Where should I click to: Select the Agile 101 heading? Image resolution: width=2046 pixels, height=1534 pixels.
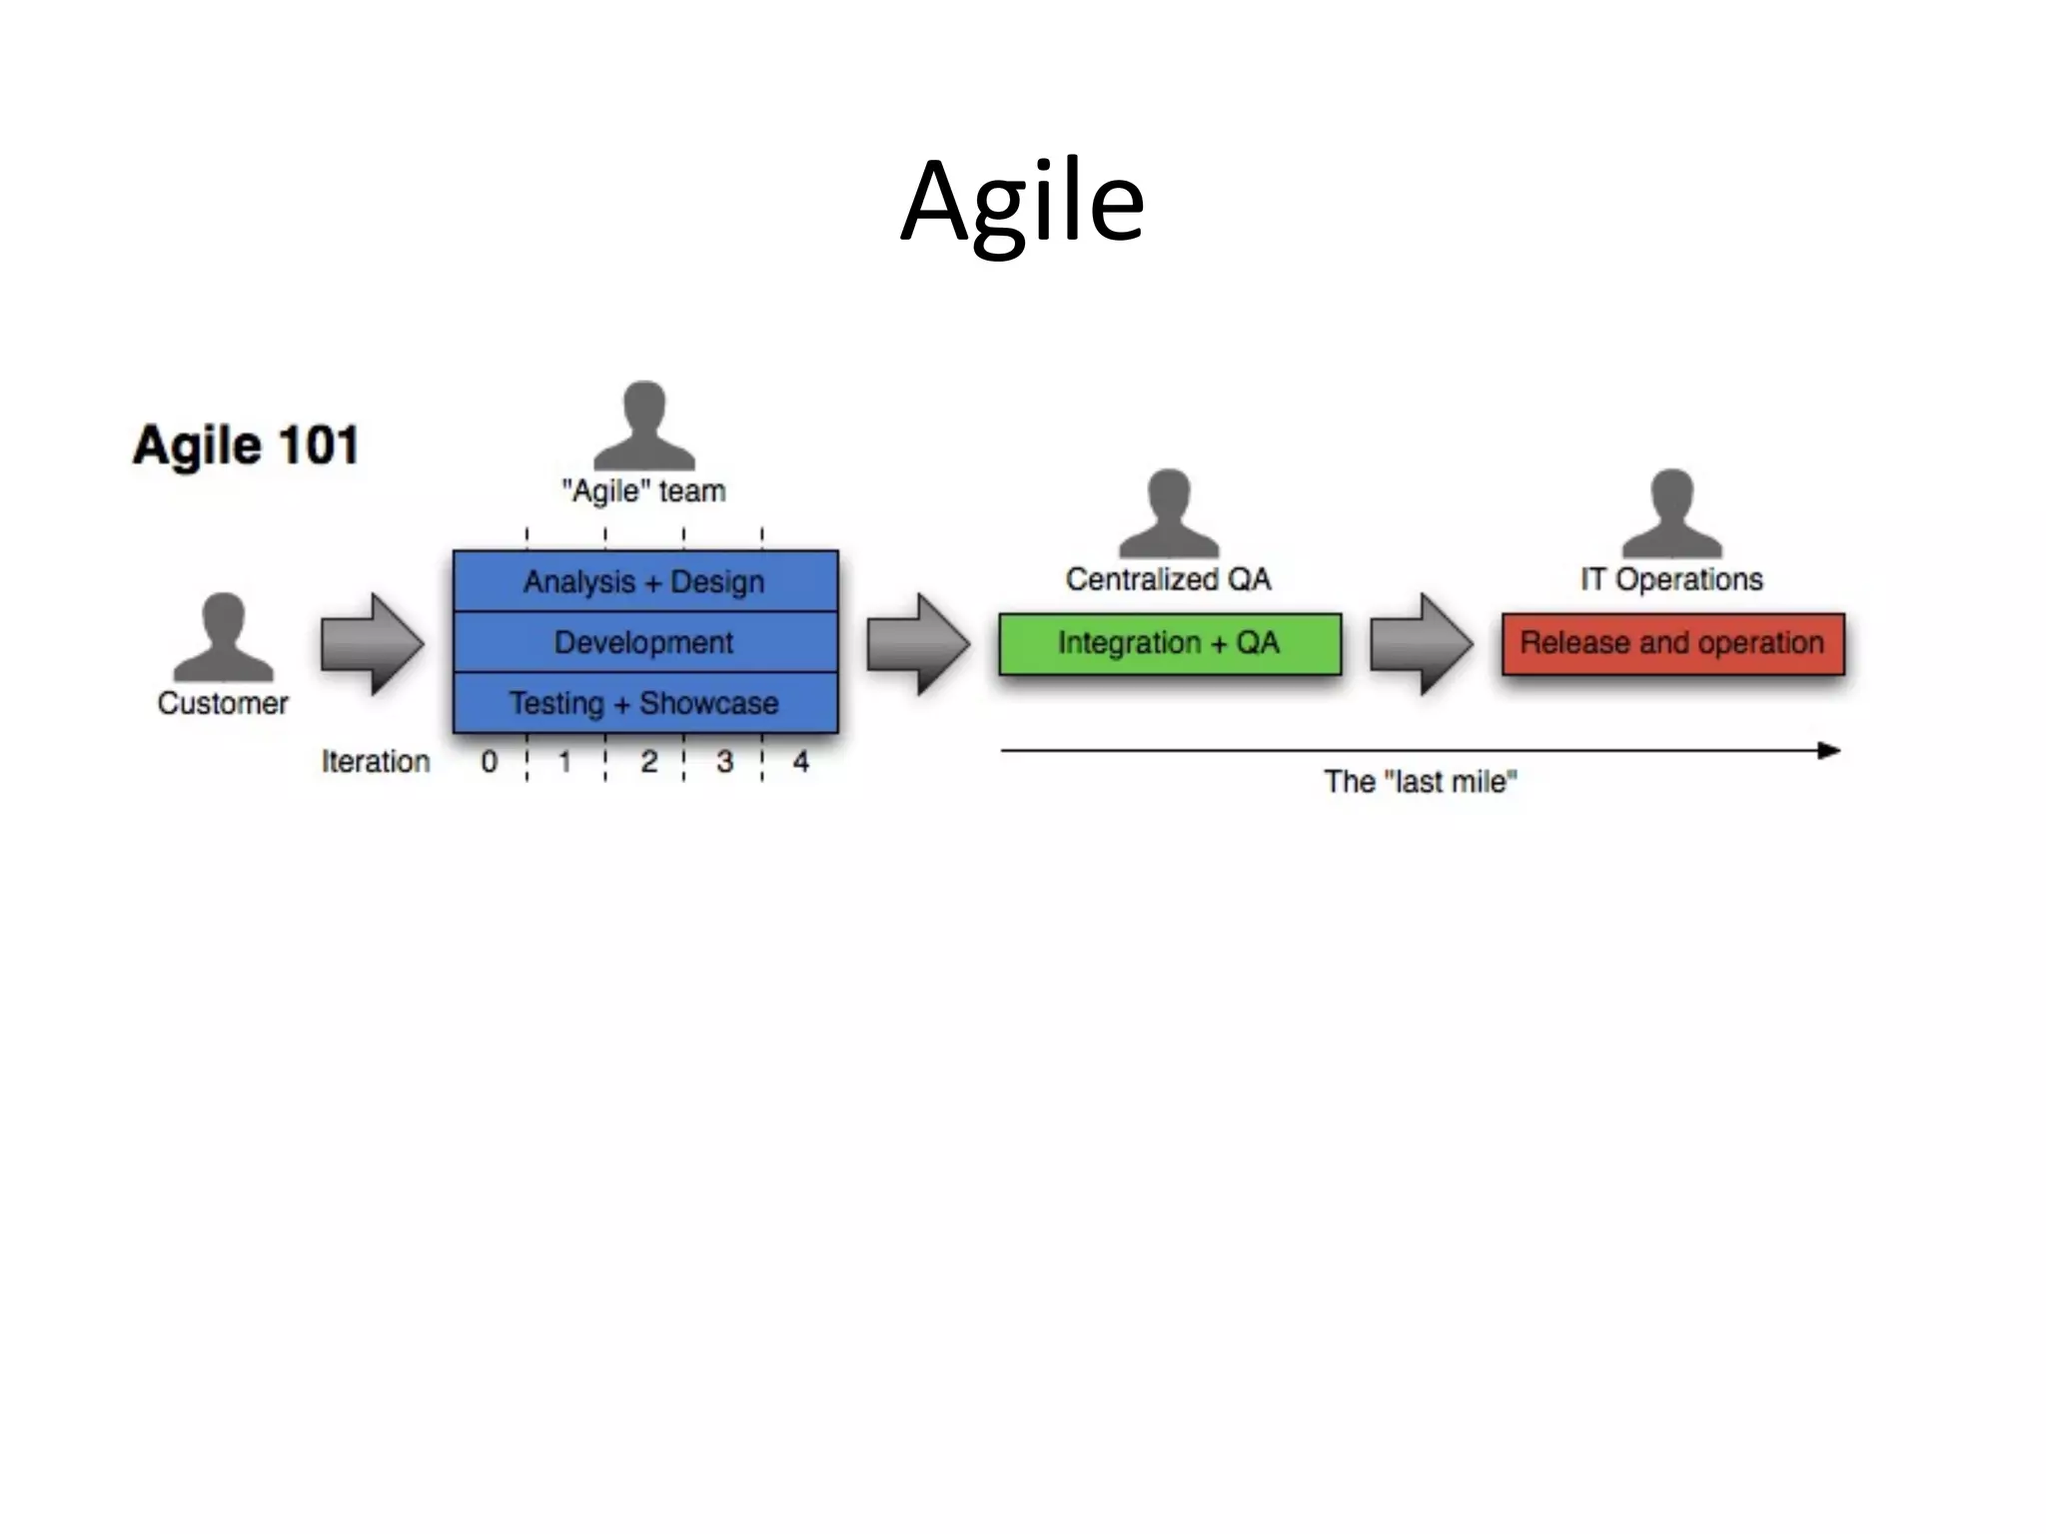click(x=246, y=445)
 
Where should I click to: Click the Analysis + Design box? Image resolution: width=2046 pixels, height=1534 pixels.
click(x=644, y=581)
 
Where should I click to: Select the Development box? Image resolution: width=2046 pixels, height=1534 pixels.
click(x=644, y=642)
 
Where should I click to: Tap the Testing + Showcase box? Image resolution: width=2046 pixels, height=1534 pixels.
click(x=644, y=703)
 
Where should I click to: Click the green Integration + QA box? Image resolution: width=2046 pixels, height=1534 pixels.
click(x=1169, y=643)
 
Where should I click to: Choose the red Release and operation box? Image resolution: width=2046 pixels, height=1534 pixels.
click(x=1672, y=643)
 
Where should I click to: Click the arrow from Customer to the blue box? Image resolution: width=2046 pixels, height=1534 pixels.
click(x=373, y=644)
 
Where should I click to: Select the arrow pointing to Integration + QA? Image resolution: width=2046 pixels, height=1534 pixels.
click(x=918, y=644)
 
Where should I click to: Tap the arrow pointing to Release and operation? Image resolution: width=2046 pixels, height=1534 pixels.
click(x=1421, y=644)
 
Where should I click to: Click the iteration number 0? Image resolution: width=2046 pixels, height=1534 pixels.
click(x=489, y=762)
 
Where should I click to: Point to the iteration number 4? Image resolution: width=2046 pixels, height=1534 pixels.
click(x=800, y=762)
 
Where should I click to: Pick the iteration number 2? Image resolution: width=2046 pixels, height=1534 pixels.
click(x=648, y=762)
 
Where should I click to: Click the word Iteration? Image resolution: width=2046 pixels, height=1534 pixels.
click(x=376, y=762)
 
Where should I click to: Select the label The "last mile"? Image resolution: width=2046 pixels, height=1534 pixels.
click(x=1420, y=781)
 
